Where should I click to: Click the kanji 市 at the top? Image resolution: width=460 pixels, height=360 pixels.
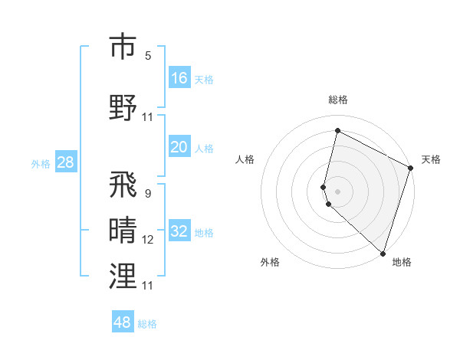point(123,47)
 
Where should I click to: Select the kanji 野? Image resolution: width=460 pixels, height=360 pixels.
point(123,106)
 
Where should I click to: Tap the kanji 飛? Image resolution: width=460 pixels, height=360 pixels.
point(123,185)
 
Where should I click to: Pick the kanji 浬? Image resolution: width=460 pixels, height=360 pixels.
point(123,277)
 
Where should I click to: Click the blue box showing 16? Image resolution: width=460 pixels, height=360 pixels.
point(179,77)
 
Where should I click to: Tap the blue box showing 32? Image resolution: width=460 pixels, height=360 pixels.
point(179,232)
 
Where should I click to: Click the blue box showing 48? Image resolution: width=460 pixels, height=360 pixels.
point(123,322)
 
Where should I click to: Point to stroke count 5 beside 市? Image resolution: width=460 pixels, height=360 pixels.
point(148,56)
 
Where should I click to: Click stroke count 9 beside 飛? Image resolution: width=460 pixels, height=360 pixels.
point(147,194)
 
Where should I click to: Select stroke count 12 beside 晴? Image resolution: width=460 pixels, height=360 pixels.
point(148,240)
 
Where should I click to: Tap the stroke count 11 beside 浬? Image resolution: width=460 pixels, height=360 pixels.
point(148,285)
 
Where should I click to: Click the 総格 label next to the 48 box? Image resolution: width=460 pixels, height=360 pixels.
point(147,324)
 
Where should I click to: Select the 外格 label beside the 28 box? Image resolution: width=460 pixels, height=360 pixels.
point(41,163)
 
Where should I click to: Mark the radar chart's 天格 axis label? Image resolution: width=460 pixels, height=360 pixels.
point(431,159)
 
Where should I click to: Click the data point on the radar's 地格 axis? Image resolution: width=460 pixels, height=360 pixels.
point(383,253)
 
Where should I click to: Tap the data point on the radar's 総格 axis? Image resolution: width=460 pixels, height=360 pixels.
point(337,131)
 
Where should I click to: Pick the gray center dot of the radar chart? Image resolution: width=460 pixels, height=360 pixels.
point(337,191)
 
